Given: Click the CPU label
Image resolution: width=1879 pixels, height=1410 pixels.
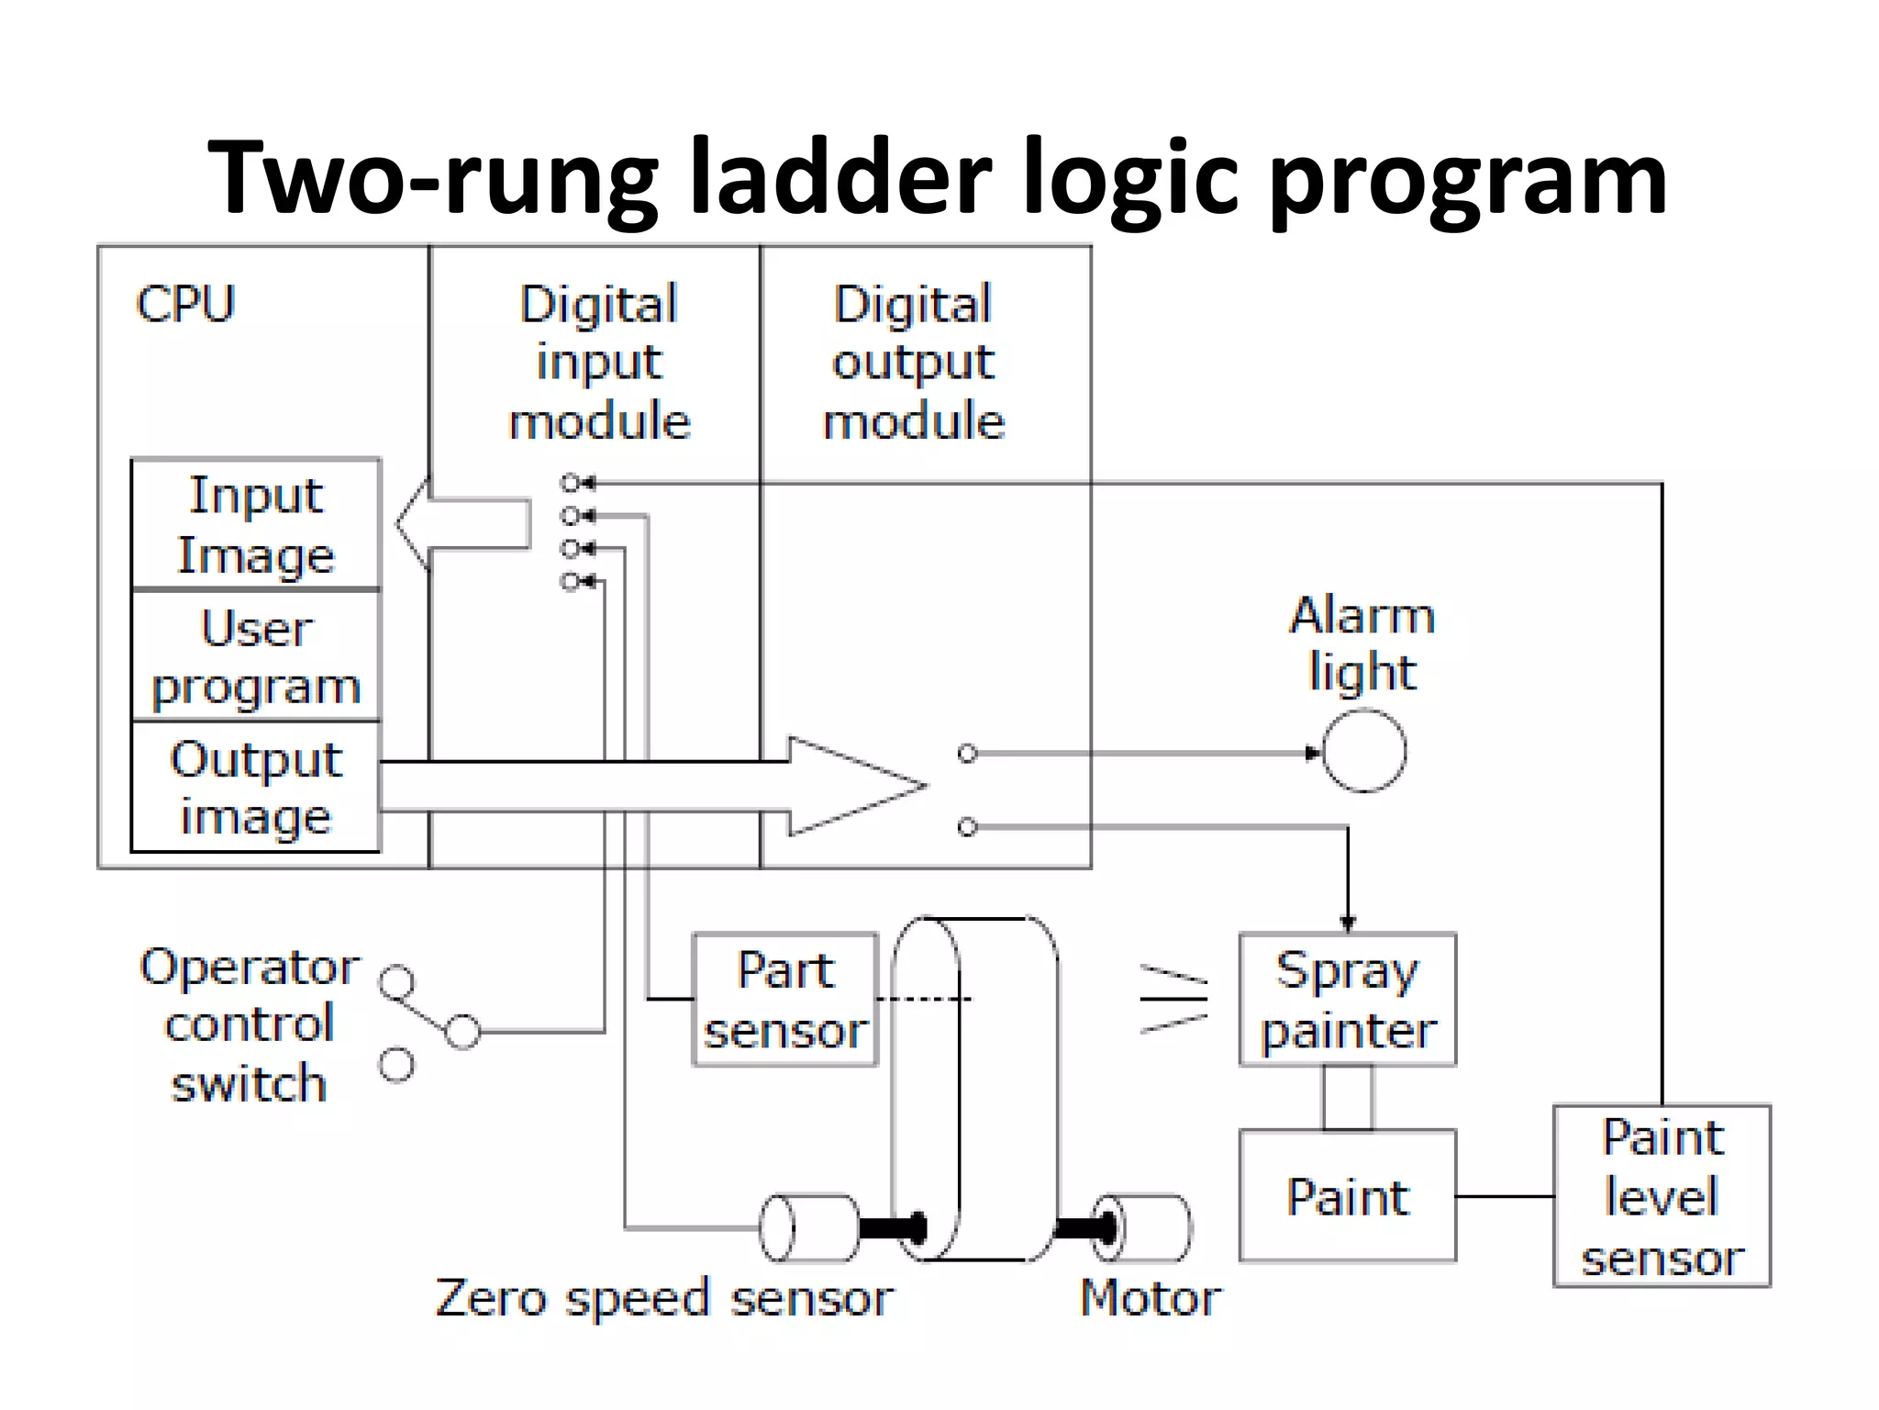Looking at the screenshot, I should [x=185, y=304].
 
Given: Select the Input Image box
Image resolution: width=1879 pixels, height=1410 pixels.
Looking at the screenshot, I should [x=255, y=524].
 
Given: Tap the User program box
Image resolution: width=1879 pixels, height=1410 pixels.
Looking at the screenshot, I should [x=255, y=655].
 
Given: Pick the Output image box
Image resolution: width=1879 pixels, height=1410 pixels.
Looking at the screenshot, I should [x=255, y=787].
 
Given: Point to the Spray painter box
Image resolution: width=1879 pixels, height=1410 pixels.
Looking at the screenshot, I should [x=1347, y=999].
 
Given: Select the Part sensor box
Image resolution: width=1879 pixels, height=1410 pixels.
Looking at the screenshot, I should [x=785, y=999].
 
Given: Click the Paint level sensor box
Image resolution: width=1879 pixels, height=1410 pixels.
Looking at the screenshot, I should [x=1662, y=1196].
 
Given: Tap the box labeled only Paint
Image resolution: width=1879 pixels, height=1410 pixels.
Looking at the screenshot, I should [x=1347, y=1196].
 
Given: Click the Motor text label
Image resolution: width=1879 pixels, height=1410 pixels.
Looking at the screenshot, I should [x=1151, y=1297].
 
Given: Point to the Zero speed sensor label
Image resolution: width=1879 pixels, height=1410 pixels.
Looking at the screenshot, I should [x=664, y=1297].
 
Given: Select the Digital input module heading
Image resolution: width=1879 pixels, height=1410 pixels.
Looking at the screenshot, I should [x=599, y=362].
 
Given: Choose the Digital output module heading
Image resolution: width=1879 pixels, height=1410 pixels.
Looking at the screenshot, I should [x=914, y=362].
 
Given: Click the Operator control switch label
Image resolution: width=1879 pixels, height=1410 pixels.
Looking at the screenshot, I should [x=249, y=1024].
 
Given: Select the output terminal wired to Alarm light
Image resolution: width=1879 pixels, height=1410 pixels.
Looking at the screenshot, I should [x=967, y=754].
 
